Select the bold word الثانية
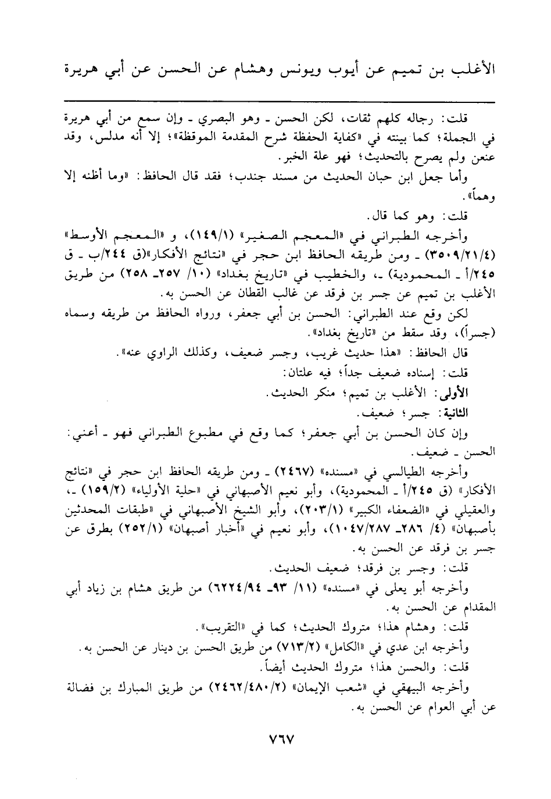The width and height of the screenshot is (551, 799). (x=455, y=413)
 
